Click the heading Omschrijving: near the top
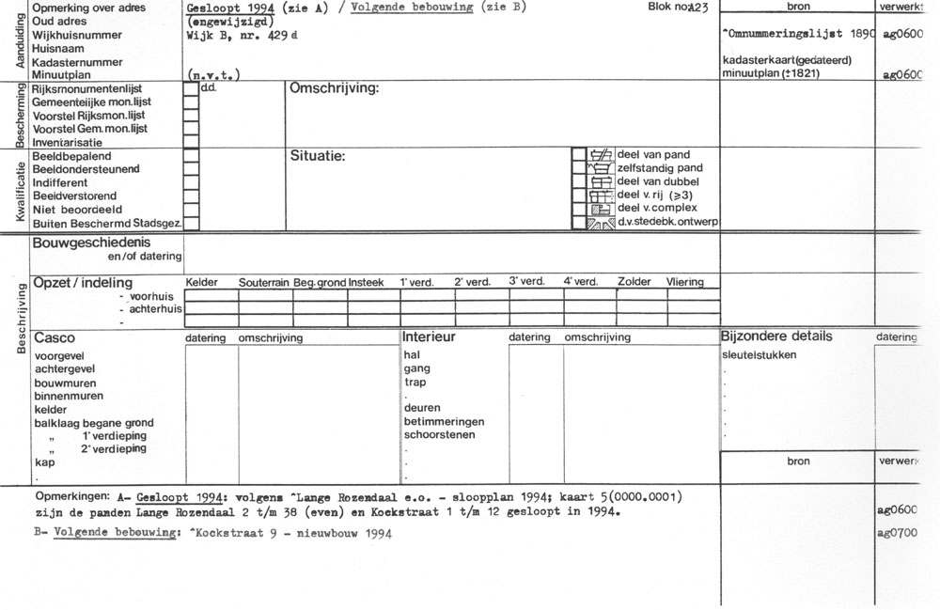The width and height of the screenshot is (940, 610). pyautogui.click(x=335, y=87)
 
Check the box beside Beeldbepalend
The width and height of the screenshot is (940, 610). pyautogui.click(x=191, y=155)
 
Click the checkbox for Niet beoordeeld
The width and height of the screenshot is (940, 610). pyautogui.click(x=191, y=210)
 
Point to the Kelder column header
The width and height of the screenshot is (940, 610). pyautogui.click(x=202, y=282)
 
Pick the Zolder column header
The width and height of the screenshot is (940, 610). pyautogui.click(x=634, y=282)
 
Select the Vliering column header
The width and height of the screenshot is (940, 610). pyautogui.click(x=684, y=282)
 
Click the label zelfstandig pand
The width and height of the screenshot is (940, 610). pyautogui.click(x=659, y=167)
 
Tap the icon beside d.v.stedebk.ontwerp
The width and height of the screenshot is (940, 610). pyautogui.click(x=600, y=223)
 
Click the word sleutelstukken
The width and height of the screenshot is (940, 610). pyautogui.click(x=759, y=355)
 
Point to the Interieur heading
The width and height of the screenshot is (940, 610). pyautogui.click(x=430, y=336)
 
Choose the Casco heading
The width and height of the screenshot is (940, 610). pyautogui.click(x=54, y=337)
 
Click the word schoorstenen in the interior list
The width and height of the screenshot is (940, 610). pyautogui.click(x=440, y=435)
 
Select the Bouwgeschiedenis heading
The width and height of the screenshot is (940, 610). pyautogui.click(x=91, y=242)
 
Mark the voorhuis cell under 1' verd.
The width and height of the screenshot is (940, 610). pyautogui.click(x=428, y=295)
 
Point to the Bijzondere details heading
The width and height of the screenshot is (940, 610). pyautogui.click(x=776, y=336)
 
